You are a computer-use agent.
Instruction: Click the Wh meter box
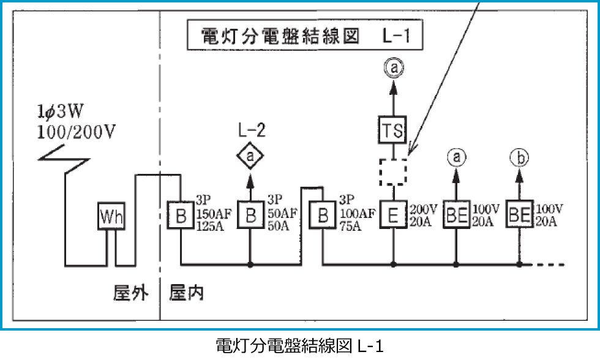(x=110, y=216)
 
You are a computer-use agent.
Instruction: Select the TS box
(x=394, y=130)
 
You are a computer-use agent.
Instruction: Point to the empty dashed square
(x=394, y=171)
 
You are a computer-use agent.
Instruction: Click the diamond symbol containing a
(x=250, y=157)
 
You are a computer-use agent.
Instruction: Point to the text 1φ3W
(x=63, y=112)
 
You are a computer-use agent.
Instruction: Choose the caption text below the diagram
(x=299, y=346)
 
